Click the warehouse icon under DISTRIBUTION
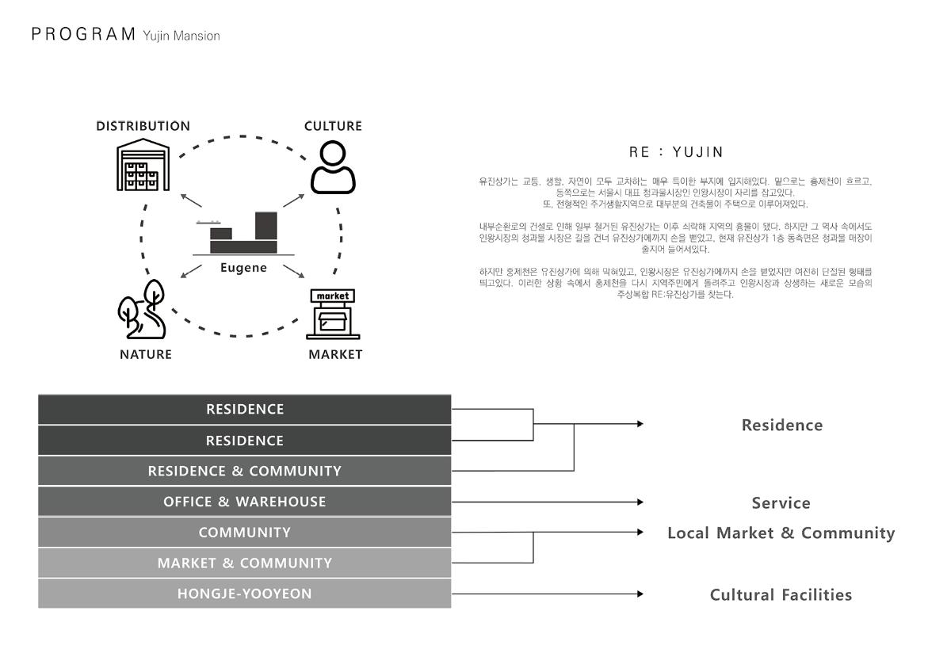click(x=143, y=166)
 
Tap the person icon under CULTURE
click(x=333, y=167)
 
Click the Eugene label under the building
click(x=243, y=268)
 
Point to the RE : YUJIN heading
click(x=676, y=152)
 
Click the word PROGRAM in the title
click(x=83, y=34)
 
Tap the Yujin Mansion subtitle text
click(x=181, y=36)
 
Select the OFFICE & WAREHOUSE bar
click(x=244, y=502)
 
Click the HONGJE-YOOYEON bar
click(x=244, y=594)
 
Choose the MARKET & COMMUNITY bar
click(x=244, y=563)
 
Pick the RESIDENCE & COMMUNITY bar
click(x=244, y=471)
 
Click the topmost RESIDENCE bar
click(x=244, y=410)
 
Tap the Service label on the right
click(x=781, y=503)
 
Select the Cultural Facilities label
click(x=781, y=595)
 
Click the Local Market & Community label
click(x=781, y=533)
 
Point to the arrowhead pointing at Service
click(x=640, y=502)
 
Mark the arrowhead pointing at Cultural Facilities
click(x=640, y=594)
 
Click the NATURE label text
click(x=146, y=354)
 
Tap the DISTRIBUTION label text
click(x=143, y=126)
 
